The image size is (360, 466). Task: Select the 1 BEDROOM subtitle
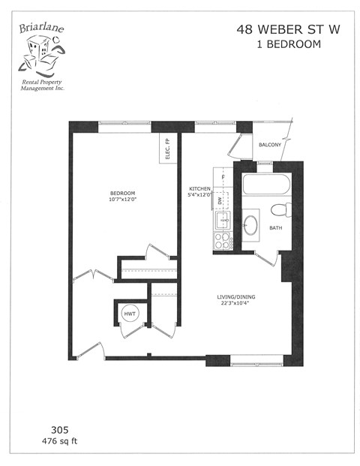(279, 44)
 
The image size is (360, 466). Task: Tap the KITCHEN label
(199, 189)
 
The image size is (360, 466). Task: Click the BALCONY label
(270, 144)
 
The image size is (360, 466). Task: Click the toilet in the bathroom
(282, 209)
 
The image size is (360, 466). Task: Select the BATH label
(276, 228)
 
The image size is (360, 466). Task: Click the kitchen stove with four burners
(223, 240)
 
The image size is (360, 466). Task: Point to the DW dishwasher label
(220, 201)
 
